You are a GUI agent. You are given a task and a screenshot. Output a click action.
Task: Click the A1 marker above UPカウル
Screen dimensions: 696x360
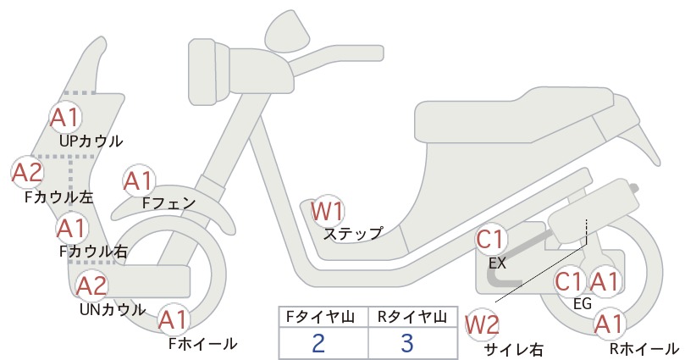click(66, 118)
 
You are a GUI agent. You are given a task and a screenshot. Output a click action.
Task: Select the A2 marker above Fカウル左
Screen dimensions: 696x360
click(27, 173)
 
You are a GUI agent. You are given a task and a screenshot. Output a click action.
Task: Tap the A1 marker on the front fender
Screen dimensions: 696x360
click(139, 181)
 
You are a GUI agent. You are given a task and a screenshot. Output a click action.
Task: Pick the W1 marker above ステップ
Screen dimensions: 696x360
click(327, 211)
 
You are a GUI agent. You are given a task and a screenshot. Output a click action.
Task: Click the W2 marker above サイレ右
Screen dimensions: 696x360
click(482, 324)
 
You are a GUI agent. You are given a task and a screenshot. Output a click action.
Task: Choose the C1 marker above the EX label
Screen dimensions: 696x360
click(491, 240)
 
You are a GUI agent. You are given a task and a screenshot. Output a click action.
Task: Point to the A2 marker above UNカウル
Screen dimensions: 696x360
click(92, 285)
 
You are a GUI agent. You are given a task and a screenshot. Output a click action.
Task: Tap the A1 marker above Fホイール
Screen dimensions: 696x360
click(174, 320)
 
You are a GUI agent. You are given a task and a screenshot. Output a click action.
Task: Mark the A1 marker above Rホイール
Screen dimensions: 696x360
click(609, 324)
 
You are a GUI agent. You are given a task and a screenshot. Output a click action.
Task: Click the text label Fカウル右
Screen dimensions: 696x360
click(93, 252)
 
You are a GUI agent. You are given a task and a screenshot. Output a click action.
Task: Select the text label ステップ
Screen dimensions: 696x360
click(353, 234)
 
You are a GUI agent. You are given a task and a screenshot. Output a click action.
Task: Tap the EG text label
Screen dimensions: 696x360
click(583, 304)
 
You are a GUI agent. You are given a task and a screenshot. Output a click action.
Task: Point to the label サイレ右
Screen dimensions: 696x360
click(514, 350)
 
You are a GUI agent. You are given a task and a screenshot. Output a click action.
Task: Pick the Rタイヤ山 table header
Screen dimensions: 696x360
click(412, 317)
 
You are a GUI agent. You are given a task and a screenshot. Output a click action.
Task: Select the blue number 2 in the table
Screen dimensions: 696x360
click(318, 343)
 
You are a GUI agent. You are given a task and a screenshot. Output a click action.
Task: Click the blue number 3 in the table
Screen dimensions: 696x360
click(406, 343)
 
